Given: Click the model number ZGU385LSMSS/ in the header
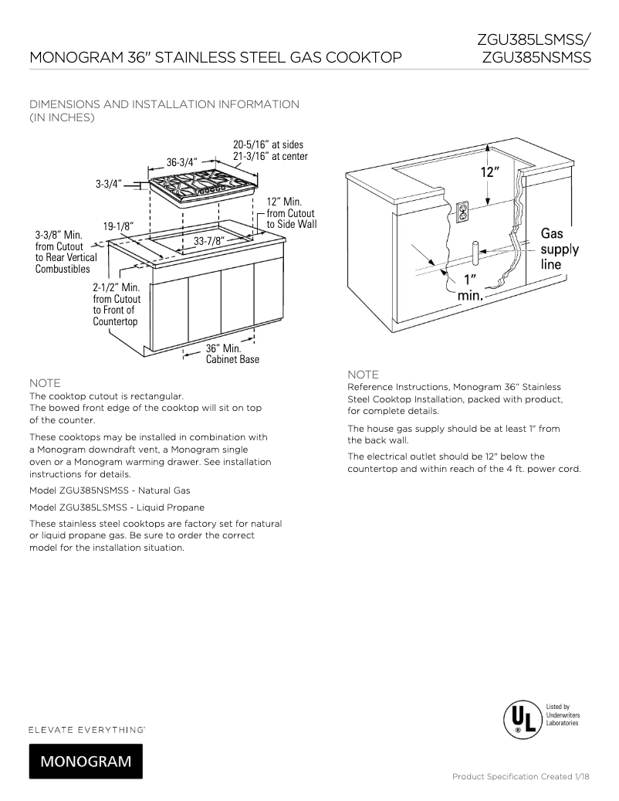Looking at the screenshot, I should pos(533,39).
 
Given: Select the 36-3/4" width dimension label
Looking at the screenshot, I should pos(182,162).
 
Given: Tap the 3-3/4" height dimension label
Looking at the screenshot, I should pos(108,184).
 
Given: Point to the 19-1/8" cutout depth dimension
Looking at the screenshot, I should pos(119,226).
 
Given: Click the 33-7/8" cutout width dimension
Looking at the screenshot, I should pos(209,241).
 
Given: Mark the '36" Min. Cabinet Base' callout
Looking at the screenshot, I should pos(232,354).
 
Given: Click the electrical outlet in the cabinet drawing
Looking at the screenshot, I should pos(463,212).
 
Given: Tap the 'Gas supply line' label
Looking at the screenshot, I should pos(560,249).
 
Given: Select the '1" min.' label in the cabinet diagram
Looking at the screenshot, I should pos(470,287).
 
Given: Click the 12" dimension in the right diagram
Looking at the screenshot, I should pos(490,172).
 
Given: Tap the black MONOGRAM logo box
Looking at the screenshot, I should pos(86,761).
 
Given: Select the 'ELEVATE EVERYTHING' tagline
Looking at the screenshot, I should pos(87,728).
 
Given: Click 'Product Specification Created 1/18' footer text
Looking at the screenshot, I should pos(521,776).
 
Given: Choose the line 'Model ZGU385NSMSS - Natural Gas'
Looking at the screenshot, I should pos(109,490).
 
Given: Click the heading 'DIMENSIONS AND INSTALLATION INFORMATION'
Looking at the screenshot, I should pos(164,104).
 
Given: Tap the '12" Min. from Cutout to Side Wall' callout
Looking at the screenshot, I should pos(291,212).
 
